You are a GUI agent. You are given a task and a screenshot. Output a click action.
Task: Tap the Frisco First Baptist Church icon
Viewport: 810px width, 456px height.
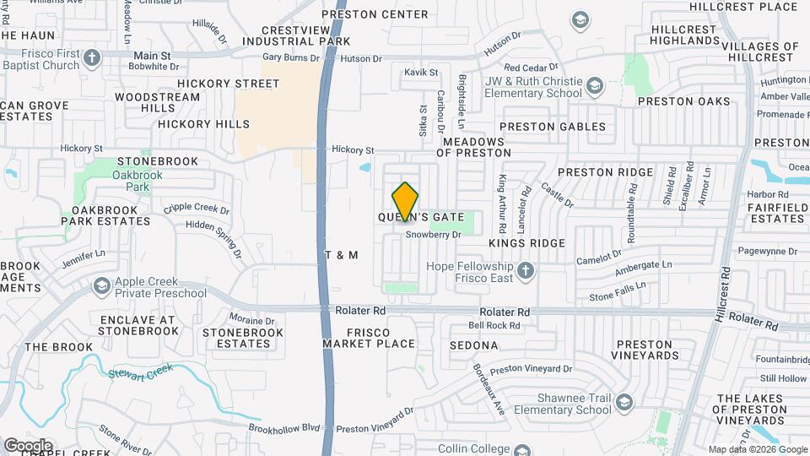tap(92, 58)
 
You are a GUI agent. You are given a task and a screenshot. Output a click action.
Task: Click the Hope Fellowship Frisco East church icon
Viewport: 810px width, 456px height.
tap(526, 270)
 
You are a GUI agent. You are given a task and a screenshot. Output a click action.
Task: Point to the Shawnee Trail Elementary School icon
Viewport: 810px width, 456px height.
tap(624, 401)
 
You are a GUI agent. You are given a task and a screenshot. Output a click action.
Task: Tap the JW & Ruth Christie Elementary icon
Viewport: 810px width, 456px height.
tap(595, 86)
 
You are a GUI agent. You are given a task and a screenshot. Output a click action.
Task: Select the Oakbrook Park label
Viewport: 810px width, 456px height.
tap(113, 180)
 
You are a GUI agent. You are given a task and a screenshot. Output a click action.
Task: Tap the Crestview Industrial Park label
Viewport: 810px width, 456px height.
tap(295, 35)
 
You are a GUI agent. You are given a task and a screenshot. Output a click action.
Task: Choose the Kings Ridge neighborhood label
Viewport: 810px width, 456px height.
tap(526, 242)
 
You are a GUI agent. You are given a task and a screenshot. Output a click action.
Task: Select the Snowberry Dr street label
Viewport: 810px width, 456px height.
tap(434, 235)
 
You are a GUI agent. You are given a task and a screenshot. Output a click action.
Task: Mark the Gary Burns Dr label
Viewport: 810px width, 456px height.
tap(291, 58)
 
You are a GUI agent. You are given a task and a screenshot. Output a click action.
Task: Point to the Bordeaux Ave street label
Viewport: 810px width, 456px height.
tap(488, 388)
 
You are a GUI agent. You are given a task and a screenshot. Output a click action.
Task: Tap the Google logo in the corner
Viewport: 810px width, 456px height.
tap(28, 445)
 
